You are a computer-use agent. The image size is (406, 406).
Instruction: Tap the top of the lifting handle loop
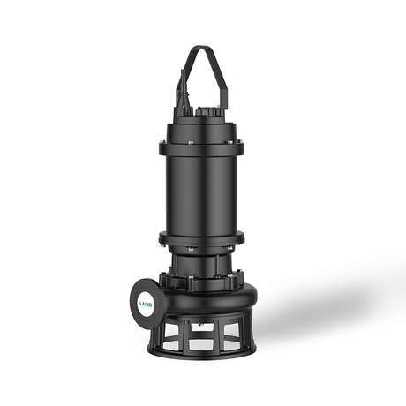(203, 49)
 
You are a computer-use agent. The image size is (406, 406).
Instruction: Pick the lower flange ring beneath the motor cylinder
(204, 239)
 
